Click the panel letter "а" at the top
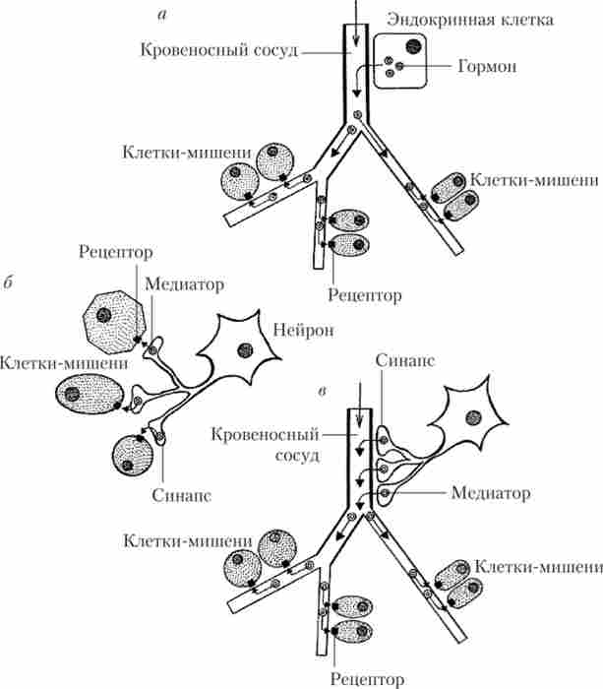(161, 13)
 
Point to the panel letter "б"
(8, 284)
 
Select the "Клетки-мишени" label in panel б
(65, 362)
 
